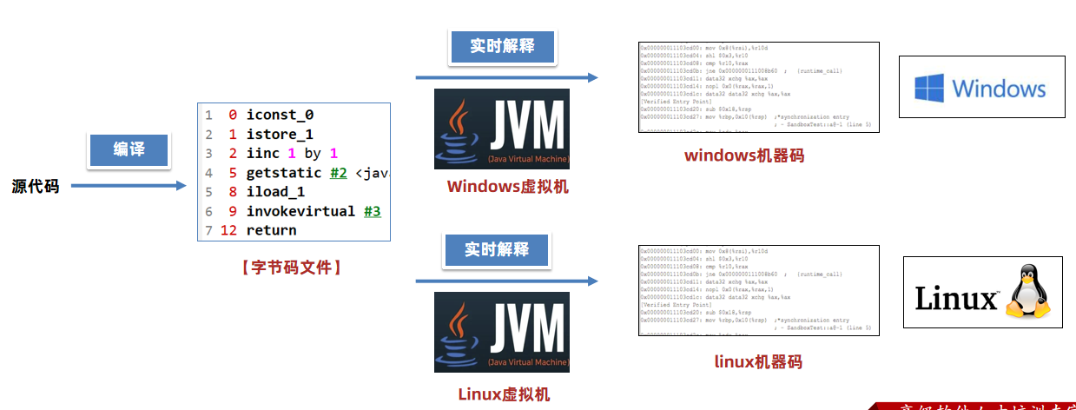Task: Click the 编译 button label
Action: click(x=129, y=149)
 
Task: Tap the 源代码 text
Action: click(x=36, y=186)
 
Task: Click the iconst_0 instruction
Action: click(x=280, y=115)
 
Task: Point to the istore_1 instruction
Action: click(x=280, y=135)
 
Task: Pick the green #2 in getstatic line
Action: click(x=339, y=173)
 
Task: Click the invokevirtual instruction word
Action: click(x=300, y=211)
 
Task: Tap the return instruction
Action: click(x=271, y=230)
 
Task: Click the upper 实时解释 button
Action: click(x=501, y=46)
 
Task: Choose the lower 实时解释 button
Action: click(x=496, y=249)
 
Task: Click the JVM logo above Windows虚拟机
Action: click(x=502, y=129)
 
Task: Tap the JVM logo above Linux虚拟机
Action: click(x=502, y=332)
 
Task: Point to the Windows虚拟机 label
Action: click(x=507, y=187)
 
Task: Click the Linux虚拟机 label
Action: click(x=504, y=393)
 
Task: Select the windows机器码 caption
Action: click(x=744, y=156)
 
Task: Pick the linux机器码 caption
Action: click(x=758, y=361)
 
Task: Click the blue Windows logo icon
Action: click(x=928, y=88)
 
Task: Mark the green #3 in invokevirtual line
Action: click(x=372, y=211)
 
